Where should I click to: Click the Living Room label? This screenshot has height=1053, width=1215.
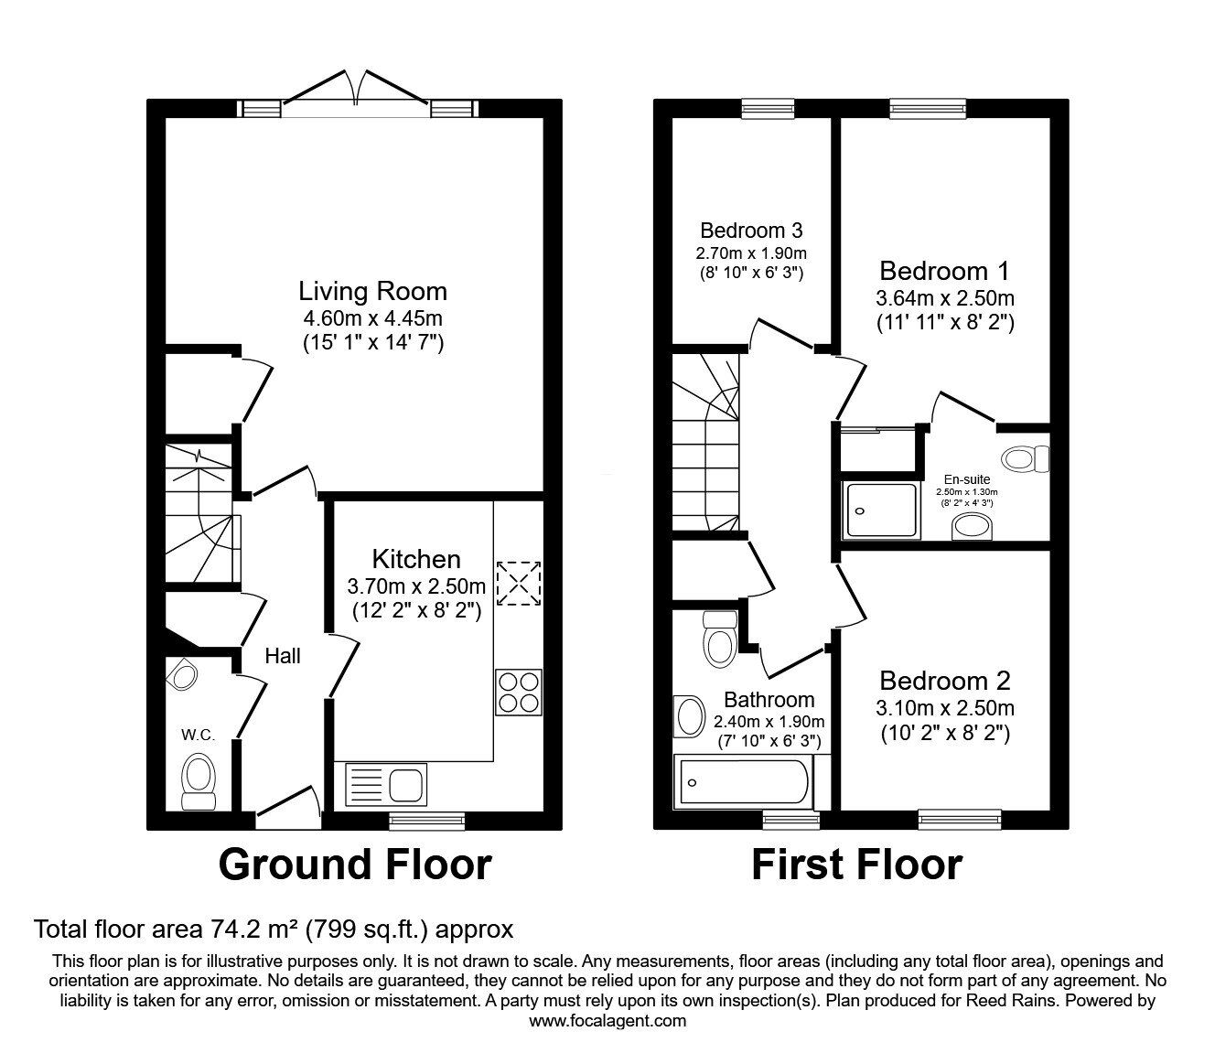372,292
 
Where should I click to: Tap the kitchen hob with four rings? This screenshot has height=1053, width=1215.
518,693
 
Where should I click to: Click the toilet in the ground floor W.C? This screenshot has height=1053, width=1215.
199,780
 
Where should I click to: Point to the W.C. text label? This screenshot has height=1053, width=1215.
198,735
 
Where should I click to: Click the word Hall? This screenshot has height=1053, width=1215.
283,656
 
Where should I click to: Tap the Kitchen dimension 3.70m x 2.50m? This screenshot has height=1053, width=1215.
416,586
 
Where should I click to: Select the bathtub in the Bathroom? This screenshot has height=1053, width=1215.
741,783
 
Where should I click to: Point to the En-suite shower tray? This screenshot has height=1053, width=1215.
882,510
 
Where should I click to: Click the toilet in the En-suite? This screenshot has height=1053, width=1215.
1025,457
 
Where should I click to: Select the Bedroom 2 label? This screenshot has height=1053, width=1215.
944,681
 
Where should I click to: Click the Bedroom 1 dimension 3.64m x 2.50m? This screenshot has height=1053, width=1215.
944,298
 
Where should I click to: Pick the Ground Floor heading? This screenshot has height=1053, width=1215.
355,865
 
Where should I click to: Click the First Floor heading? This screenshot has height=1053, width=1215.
856,865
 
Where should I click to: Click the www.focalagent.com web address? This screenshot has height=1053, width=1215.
607,1021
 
